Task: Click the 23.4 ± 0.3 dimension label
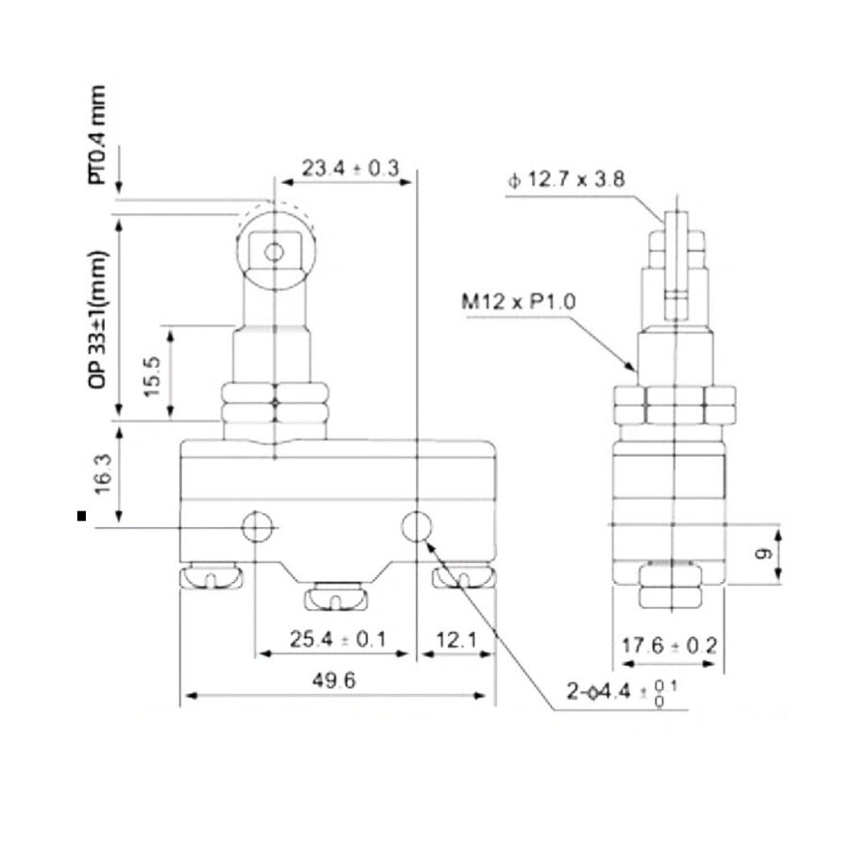click(350, 169)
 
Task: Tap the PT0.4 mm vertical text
click(98, 135)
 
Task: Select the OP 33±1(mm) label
click(98, 319)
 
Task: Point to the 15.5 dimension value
click(153, 376)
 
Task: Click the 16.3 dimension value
click(103, 474)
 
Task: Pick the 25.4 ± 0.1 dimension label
click(338, 640)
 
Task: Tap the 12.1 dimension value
click(457, 640)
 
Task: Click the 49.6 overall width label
click(334, 680)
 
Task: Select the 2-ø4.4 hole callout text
click(622, 692)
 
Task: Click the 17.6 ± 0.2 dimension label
click(669, 645)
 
